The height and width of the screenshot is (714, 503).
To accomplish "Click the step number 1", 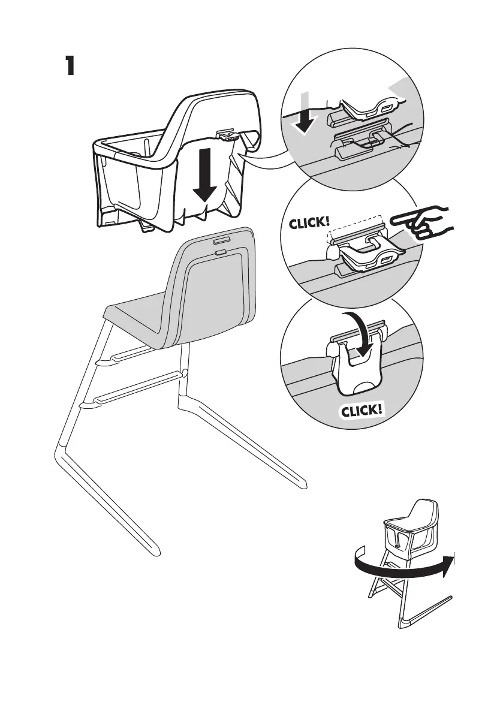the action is tap(70, 66).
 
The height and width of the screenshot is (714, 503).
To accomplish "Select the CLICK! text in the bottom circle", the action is tap(362, 411).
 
